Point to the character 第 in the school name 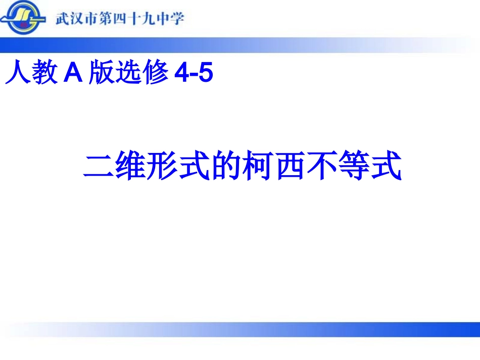point(108,19)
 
